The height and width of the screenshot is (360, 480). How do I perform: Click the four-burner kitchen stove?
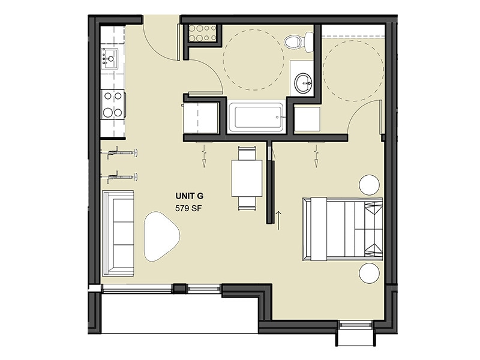[112, 103]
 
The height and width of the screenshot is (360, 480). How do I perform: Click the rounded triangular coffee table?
[160, 236]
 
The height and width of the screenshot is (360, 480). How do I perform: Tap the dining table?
[246, 178]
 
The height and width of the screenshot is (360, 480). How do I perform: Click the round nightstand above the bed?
[368, 183]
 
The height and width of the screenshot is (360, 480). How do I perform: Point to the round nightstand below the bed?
[369, 274]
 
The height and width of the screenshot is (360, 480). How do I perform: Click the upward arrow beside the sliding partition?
[278, 218]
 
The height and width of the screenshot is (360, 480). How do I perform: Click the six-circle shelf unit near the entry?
[202, 34]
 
